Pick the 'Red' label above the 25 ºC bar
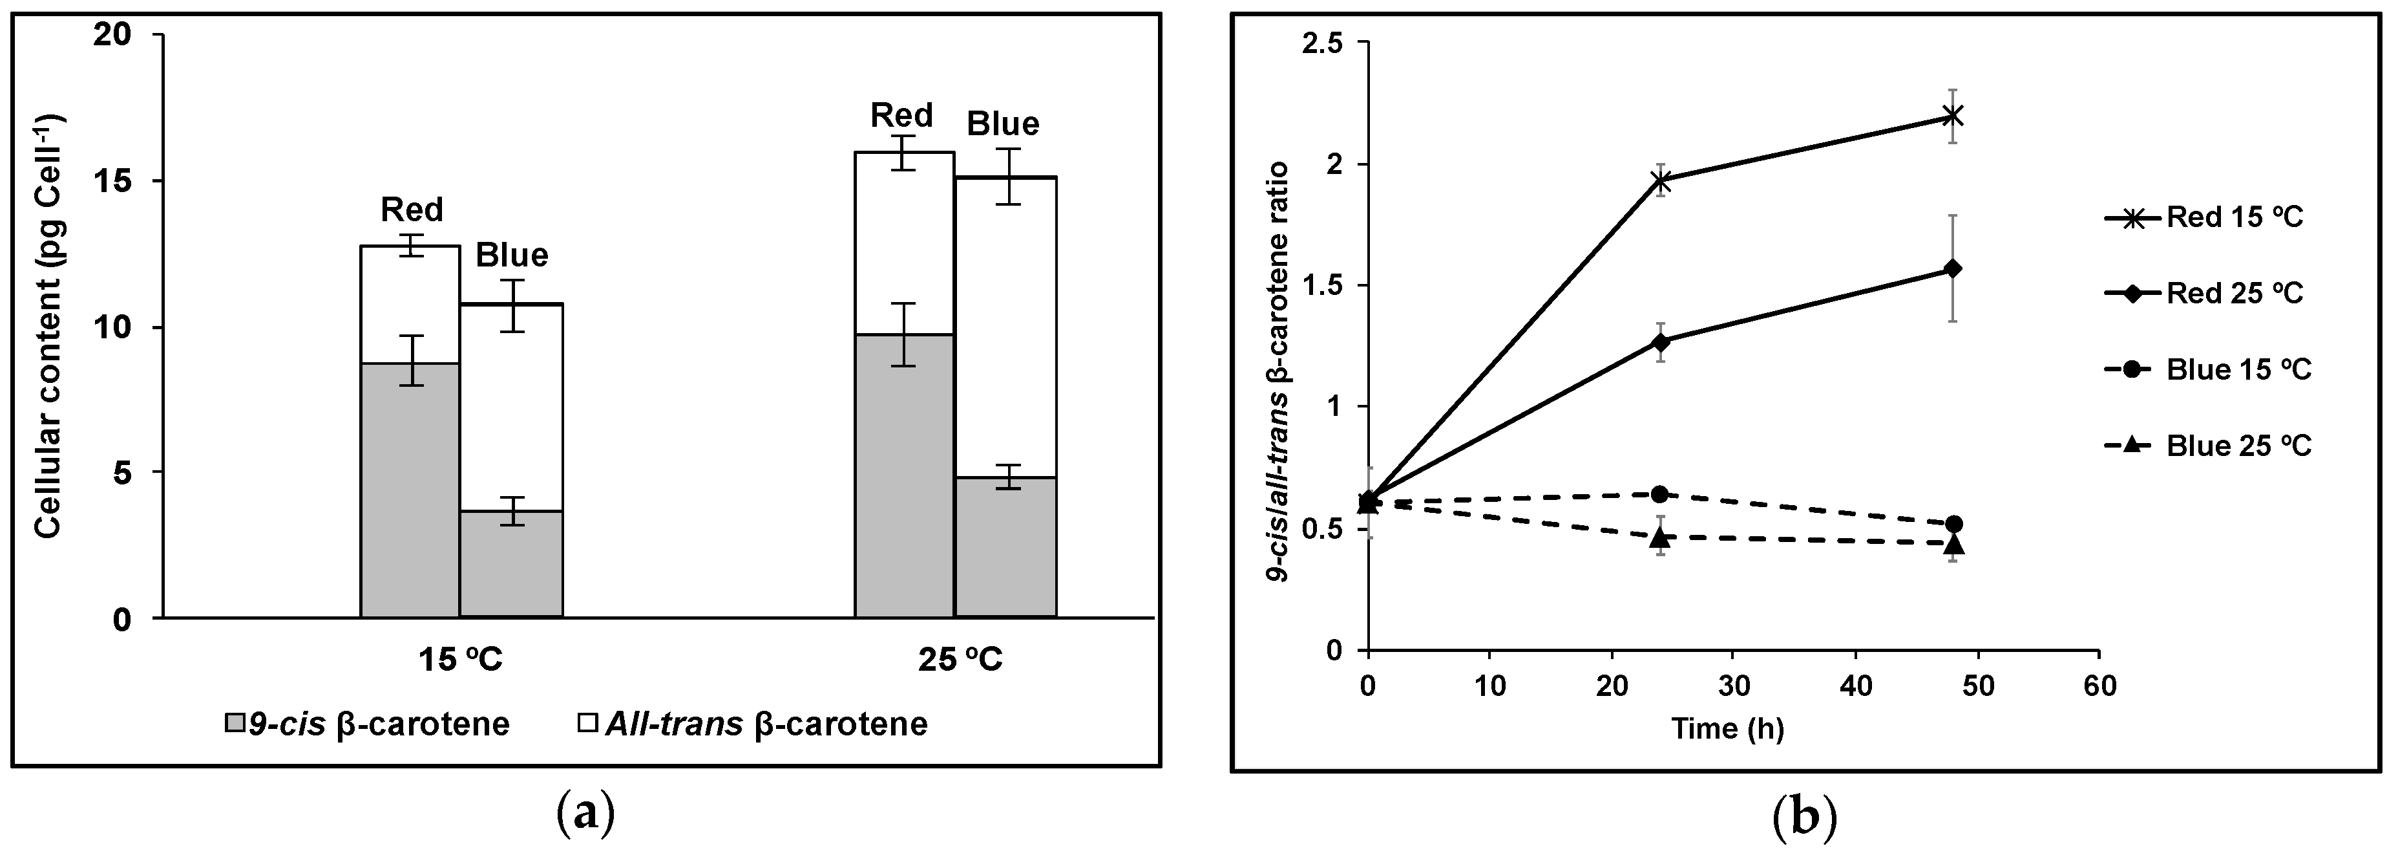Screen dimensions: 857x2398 point(901,116)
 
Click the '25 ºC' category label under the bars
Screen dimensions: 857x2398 point(959,660)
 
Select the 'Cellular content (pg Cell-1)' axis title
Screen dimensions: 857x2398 point(48,326)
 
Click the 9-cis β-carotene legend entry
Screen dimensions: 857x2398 point(368,724)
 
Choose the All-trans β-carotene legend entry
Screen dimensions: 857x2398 point(752,724)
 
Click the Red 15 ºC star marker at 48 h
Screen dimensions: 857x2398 point(1953,142)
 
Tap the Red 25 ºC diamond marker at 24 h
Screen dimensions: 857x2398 point(1661,342)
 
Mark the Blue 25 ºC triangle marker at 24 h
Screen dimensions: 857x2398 point(1661,537)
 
